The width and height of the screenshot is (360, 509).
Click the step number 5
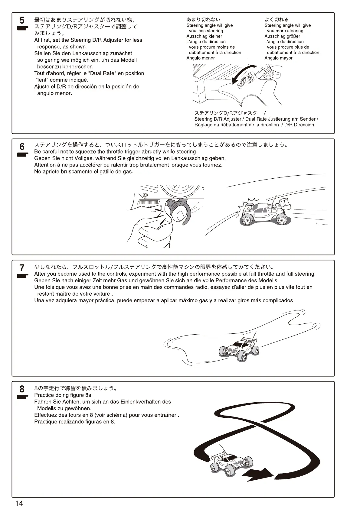click(22, 20)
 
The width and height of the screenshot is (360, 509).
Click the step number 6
click(22, 147)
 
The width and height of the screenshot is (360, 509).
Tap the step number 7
click(22, 268)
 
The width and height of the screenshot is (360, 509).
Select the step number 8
click(22, 389)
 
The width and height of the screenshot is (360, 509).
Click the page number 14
click(19, 503)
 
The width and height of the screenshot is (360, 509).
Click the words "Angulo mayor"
click(278, 58)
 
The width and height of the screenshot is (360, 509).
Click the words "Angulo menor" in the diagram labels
click(201, 58)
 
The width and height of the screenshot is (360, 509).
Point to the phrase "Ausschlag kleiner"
click(204, 36)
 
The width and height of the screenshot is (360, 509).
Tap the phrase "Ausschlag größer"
click(282, 36)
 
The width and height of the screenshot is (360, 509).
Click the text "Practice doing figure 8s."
click(64, 395)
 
